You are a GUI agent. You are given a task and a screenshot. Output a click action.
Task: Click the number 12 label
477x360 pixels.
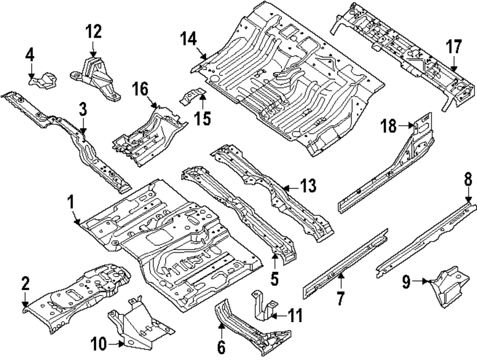[93, 32]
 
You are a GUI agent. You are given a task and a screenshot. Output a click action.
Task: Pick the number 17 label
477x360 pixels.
[454, 47]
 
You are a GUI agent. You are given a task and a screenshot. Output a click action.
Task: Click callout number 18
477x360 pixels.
[388, 126]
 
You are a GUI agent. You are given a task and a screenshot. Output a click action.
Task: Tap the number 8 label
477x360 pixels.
[468, 180]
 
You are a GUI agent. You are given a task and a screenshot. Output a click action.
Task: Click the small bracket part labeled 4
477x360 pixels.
[44, 80]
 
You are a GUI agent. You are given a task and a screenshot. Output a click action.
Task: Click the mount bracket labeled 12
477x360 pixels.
[98, 78]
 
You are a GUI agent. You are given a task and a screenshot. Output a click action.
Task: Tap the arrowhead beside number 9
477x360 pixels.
[425, 282]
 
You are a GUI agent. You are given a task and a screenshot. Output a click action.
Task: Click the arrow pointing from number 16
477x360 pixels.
[153, 103]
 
